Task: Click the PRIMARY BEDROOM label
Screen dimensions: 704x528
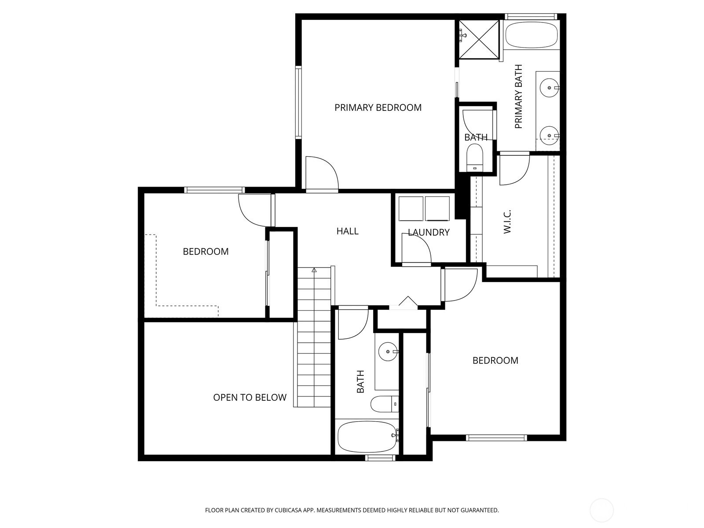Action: [378, 108]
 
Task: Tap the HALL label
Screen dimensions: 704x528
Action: [347, 231]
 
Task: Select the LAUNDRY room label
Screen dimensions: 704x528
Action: [429, 232]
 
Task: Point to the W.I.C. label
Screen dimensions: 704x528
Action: [507, 221]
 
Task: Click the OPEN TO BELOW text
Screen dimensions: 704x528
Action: [249, 397]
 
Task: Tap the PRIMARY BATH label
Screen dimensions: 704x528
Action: [518, 96]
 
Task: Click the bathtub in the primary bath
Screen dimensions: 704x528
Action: [531, 35]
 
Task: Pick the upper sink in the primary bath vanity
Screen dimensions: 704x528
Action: [549, 88]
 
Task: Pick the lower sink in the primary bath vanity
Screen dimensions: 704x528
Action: [549, 136]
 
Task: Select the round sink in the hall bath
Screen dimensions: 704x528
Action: [388, 352]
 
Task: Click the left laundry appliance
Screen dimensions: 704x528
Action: [411, 209]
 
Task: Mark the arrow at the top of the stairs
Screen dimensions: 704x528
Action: [314, 270]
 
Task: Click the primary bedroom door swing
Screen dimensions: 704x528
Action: [322, 173]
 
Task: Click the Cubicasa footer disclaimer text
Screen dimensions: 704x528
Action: [352, 510]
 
